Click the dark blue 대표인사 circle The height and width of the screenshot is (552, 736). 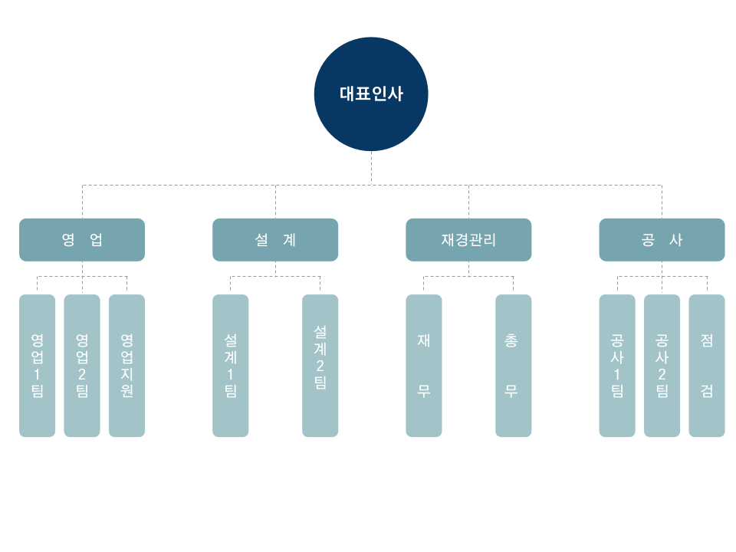point(371,94)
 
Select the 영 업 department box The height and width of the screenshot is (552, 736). point(82,239)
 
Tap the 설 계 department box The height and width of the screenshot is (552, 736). point(275,239)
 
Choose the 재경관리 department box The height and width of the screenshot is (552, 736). point(468,239)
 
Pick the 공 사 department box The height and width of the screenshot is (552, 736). point(662,239)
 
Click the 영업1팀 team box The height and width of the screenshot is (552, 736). point(38,366)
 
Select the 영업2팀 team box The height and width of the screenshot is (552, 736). point(82,366)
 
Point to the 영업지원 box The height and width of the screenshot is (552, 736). point(127,366)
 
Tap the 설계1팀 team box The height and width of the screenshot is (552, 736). point(231,366)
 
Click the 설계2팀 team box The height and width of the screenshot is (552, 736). point(320,366)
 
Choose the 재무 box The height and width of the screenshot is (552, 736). point(424,366)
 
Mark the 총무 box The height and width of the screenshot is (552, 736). point(513,366)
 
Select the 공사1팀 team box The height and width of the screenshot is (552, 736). point(617,366)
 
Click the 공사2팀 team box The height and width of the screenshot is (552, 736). point(662,366)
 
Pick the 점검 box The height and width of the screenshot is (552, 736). point(707,366)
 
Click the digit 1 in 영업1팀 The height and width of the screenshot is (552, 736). point(38,374)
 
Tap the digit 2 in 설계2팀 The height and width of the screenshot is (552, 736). point(320,365)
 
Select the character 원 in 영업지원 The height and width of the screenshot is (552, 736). point(127,391)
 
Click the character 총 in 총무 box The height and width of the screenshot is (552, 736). point(511,340)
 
